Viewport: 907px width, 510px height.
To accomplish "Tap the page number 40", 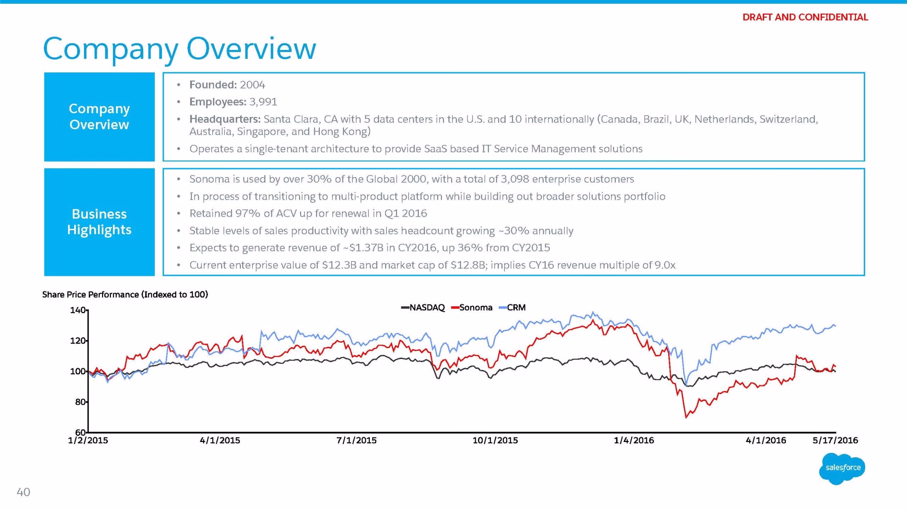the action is point(23,492).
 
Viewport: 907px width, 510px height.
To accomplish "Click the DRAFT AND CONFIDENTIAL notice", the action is point(805,17).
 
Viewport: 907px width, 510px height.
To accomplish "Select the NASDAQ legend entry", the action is point(423,307).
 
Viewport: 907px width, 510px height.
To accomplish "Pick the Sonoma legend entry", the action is point(472,307).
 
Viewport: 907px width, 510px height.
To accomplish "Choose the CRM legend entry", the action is point(512,307).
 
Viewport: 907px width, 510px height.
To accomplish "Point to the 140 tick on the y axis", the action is point(78,310).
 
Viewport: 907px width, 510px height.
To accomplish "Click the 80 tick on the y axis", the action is point(80,402).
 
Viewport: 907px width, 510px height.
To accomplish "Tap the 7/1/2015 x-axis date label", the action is point(356,440).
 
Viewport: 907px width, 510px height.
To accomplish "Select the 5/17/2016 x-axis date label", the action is point(835,440).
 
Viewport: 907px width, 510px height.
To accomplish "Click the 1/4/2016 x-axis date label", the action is point(634,440).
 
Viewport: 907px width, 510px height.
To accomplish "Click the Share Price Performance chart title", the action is point(125,295).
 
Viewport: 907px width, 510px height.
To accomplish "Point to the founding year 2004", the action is point(252,85).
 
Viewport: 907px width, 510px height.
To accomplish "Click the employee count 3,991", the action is point(263,102).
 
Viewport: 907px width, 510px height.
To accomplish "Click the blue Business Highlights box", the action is point(100,222).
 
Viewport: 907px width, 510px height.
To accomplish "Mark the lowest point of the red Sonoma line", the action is point(686,418).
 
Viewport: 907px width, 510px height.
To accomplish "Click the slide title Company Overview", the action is point(179,50).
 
